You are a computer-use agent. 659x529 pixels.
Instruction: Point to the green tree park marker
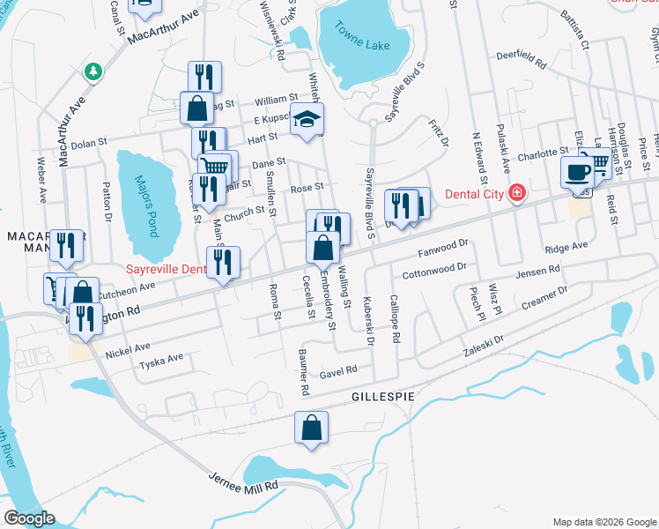coord(92,71)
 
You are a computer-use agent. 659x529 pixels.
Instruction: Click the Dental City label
coord(472,193)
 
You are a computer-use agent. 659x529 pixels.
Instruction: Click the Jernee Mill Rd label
coord(243,482)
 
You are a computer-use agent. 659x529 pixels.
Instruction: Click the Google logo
coord(30,518)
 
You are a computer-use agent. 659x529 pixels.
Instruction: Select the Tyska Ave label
coord(162,358)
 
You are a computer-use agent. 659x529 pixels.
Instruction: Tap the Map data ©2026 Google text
coord(603,522)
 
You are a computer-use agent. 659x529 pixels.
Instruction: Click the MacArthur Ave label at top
coord(164,28)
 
